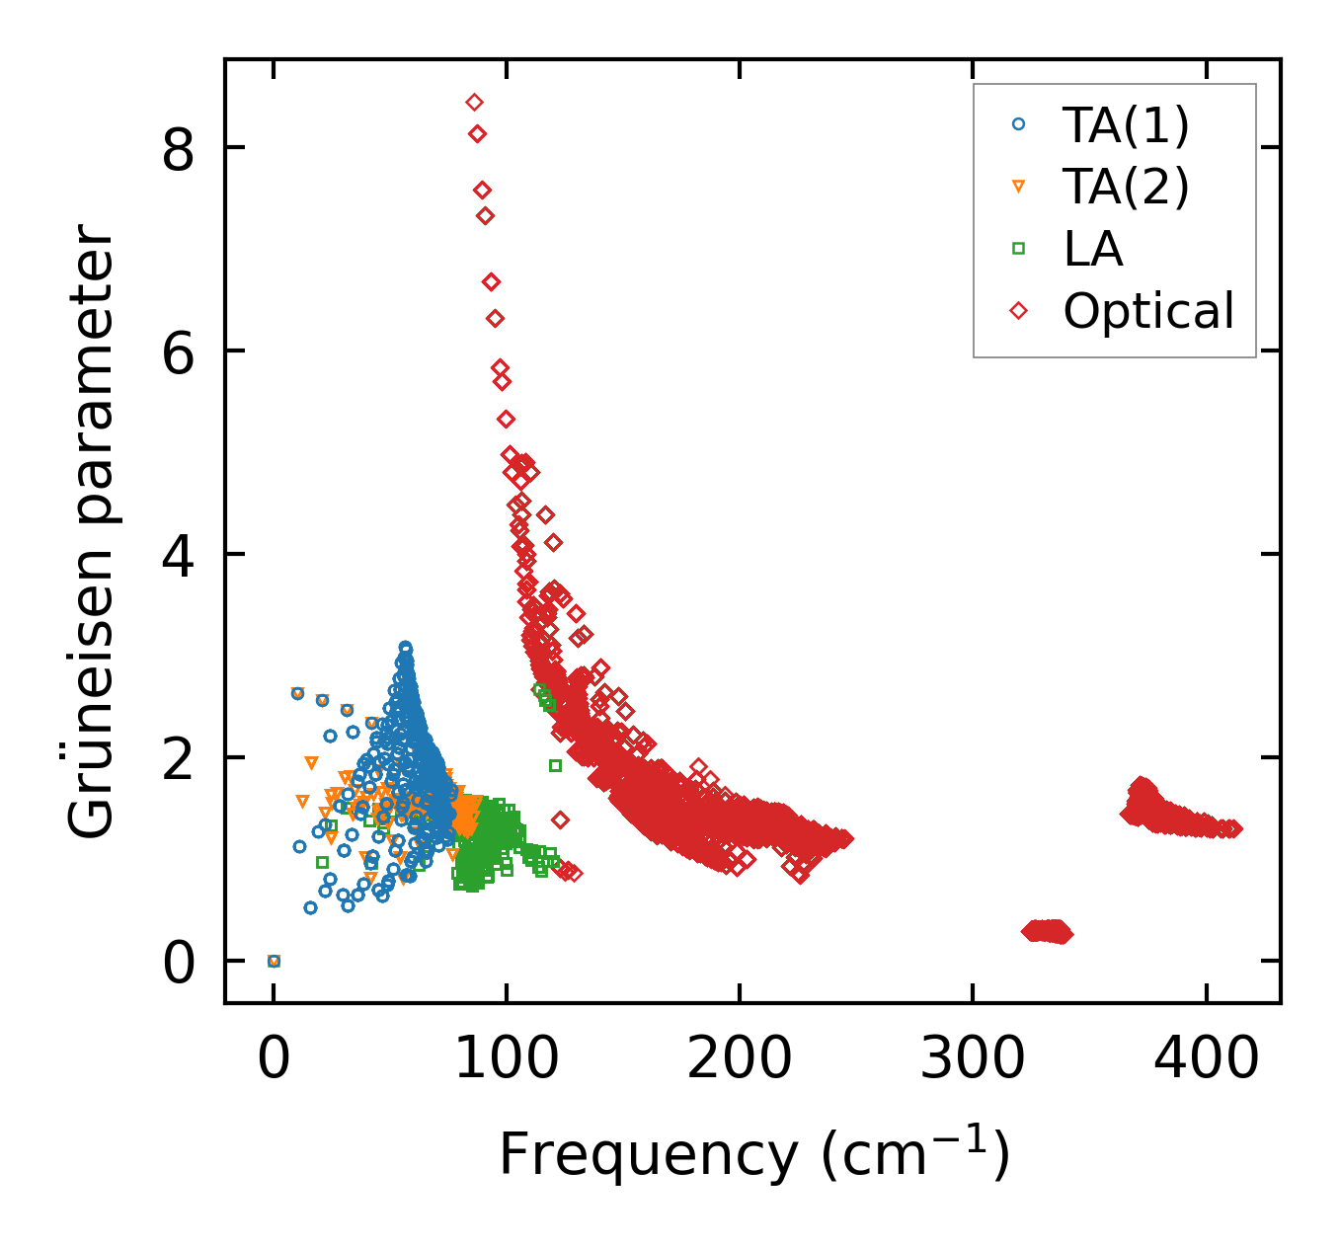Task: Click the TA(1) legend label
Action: pos(1126,125)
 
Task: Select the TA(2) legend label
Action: pos(1126,187)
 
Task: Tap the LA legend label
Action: pos(1093,249)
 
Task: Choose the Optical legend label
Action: pos(1148,311)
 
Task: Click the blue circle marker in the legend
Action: pos(1019,125)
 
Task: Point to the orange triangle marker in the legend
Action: pos(1019,187)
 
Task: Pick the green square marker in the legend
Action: pos(1019,249)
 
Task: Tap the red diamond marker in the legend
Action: pos(1019,311)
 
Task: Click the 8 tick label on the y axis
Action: pos(179,148)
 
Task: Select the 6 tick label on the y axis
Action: pos(179,351)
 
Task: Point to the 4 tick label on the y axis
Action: pos(179,555)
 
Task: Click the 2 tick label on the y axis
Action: pos(179,758)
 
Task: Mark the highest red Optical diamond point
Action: pos(474,102)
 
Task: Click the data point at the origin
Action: pos(274,961)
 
